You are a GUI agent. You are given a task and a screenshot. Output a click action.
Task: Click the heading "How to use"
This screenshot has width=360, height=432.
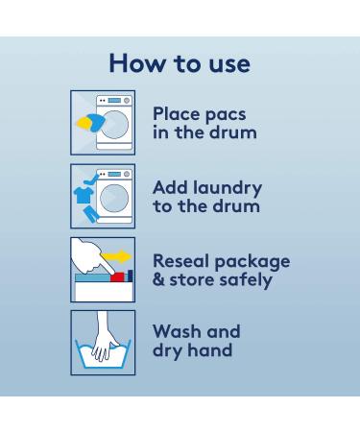pos(180,63)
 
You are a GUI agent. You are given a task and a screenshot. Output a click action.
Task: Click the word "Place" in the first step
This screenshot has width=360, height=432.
pos(177,113)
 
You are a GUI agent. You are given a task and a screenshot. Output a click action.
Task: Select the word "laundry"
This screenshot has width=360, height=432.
pos(228,188)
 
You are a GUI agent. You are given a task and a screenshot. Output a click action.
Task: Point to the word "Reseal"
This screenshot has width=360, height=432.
pos(181,261)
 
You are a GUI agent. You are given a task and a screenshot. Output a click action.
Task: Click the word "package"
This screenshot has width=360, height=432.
pos(252,262)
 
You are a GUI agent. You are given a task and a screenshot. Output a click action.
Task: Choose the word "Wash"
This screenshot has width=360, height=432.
pos(178,331)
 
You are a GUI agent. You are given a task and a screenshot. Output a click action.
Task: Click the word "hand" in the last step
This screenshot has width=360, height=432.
pos(210,349)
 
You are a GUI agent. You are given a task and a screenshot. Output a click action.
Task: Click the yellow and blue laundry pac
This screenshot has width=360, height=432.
pos(90,123)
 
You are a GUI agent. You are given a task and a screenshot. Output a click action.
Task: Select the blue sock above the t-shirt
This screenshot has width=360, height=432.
pos(91,179)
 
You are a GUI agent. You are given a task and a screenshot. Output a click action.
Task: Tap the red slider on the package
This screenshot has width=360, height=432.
pos(117,277)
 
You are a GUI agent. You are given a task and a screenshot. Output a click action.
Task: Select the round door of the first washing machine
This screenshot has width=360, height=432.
pos(114,125)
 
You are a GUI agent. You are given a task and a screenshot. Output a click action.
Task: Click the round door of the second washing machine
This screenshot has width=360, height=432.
pos(114,198)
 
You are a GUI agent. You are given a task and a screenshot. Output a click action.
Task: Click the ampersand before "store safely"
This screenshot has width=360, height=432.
pos(158,279)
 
